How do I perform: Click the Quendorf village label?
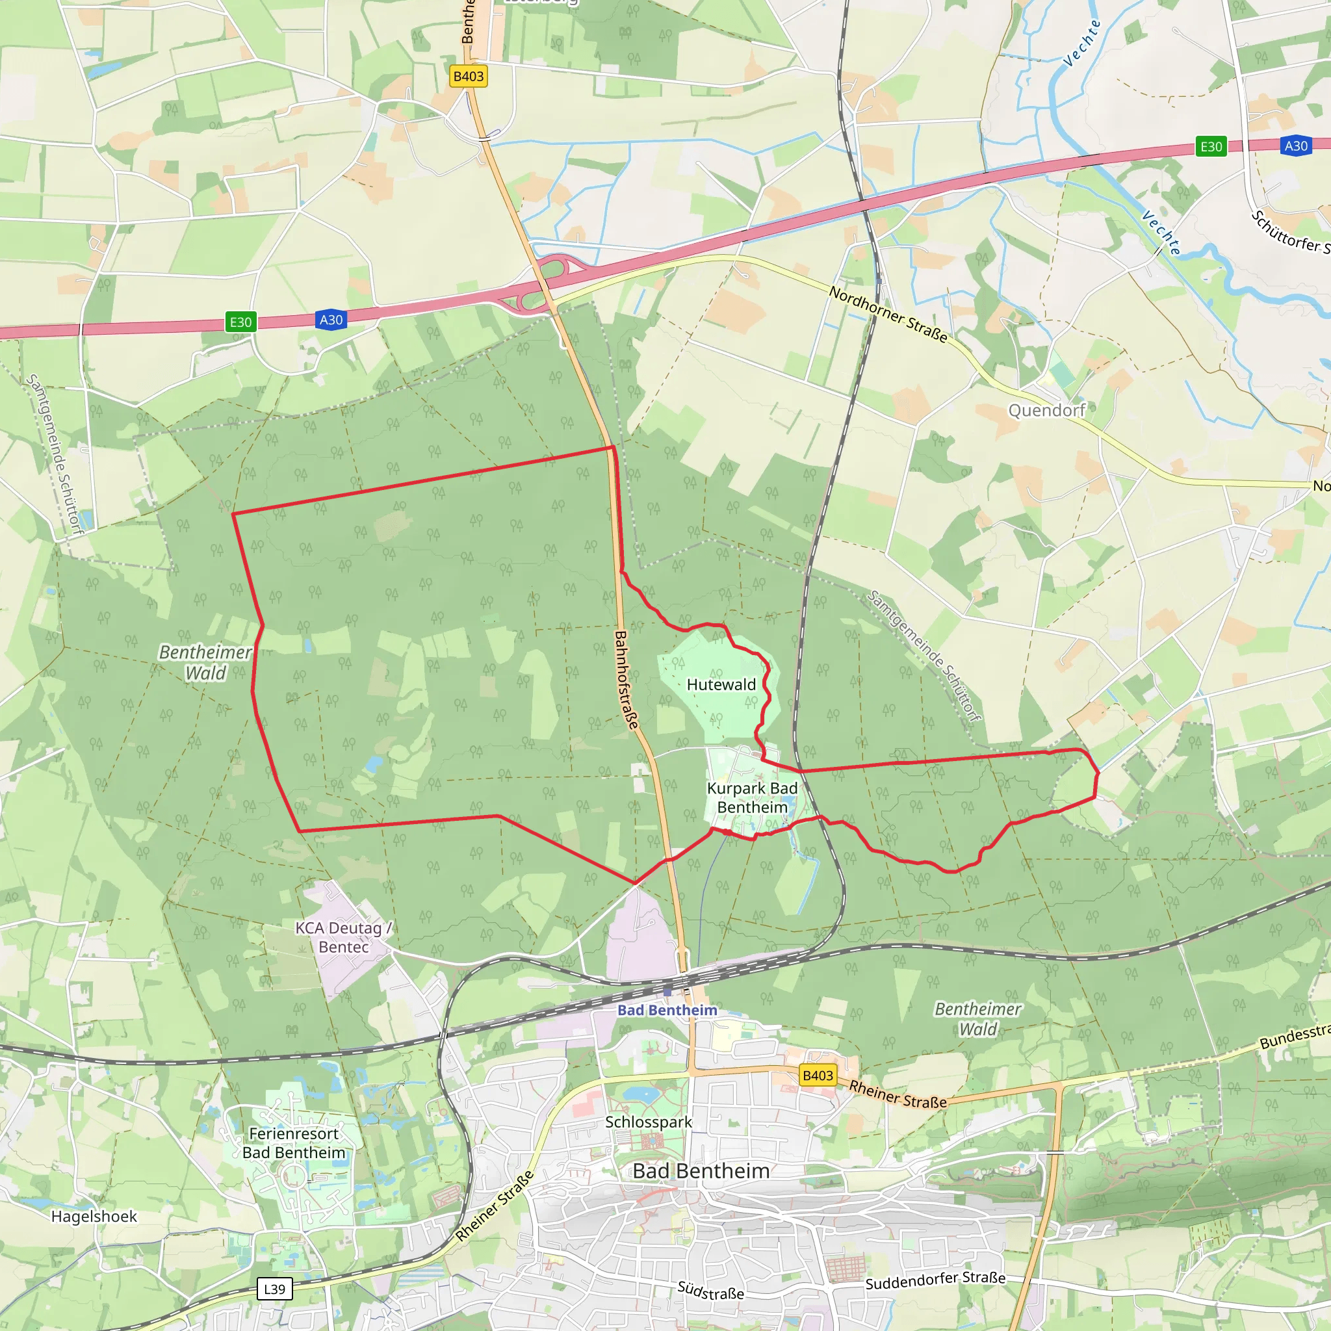1046,411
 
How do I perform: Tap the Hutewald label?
721,684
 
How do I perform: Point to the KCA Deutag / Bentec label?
343,937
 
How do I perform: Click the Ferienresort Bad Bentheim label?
294,1143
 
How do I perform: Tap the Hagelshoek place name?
94,1217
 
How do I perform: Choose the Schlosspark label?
648,1122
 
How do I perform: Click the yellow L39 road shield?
274,1289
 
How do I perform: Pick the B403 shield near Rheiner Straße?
818,1076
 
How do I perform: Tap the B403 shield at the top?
469,77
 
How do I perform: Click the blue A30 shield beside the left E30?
331,320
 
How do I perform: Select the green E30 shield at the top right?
1211,147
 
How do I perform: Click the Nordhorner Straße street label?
888,314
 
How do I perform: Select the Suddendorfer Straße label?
935,1281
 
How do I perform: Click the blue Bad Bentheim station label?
667,1010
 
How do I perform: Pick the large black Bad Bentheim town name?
701,1170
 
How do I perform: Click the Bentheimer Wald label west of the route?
205,662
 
